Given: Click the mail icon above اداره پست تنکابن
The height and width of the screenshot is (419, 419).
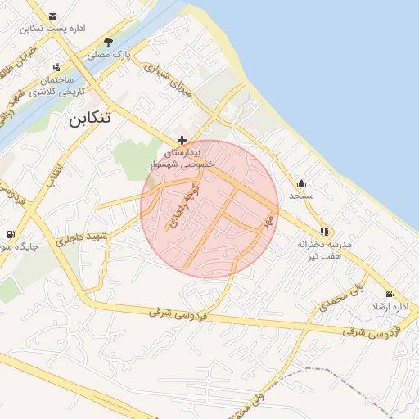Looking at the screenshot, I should coord(53,16).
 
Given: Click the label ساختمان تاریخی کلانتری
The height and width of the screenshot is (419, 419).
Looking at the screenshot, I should coord(54,86).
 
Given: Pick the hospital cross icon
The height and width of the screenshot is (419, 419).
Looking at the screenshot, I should coord(181,141).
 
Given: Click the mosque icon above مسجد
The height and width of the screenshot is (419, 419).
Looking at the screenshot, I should coord(301,183).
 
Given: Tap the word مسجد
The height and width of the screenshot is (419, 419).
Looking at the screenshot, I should coord(301,196).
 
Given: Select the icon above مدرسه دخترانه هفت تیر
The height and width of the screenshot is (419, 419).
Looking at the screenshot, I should coord(325,232).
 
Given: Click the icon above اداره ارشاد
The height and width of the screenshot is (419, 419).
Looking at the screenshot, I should coord(389,294).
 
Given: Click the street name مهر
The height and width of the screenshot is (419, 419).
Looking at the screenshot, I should coord(268,222).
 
